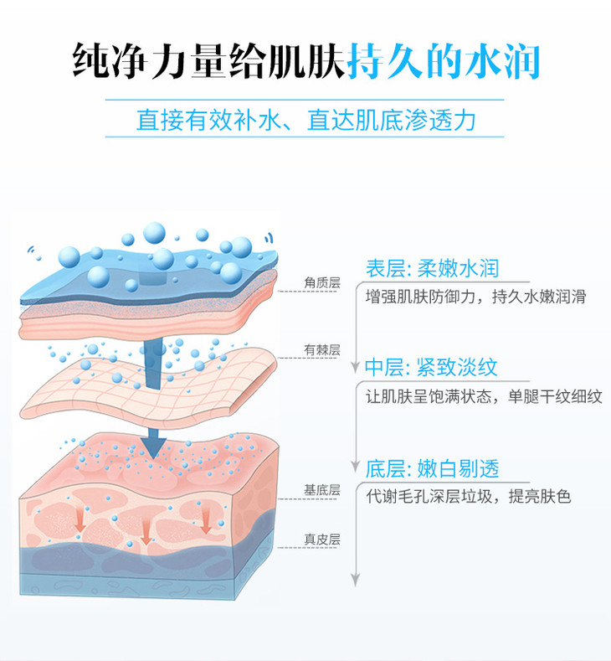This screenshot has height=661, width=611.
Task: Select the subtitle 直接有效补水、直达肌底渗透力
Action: [305, 119]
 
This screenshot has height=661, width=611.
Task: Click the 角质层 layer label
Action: [323, 283]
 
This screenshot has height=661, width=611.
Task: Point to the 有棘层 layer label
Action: [323, 349]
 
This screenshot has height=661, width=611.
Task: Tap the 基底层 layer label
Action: [323, 489]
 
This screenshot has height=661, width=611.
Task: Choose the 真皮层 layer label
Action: [323, 540]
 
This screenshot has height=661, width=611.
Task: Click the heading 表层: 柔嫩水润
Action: [432, 268]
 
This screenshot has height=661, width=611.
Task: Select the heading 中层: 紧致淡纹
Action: [432, 367]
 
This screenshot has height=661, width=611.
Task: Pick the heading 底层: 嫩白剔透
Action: [432, 467]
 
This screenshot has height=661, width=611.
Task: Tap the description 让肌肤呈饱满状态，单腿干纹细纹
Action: [484, 397]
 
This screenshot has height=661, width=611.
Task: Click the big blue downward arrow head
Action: [152, 442]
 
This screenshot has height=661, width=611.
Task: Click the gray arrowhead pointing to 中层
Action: [356, 367]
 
